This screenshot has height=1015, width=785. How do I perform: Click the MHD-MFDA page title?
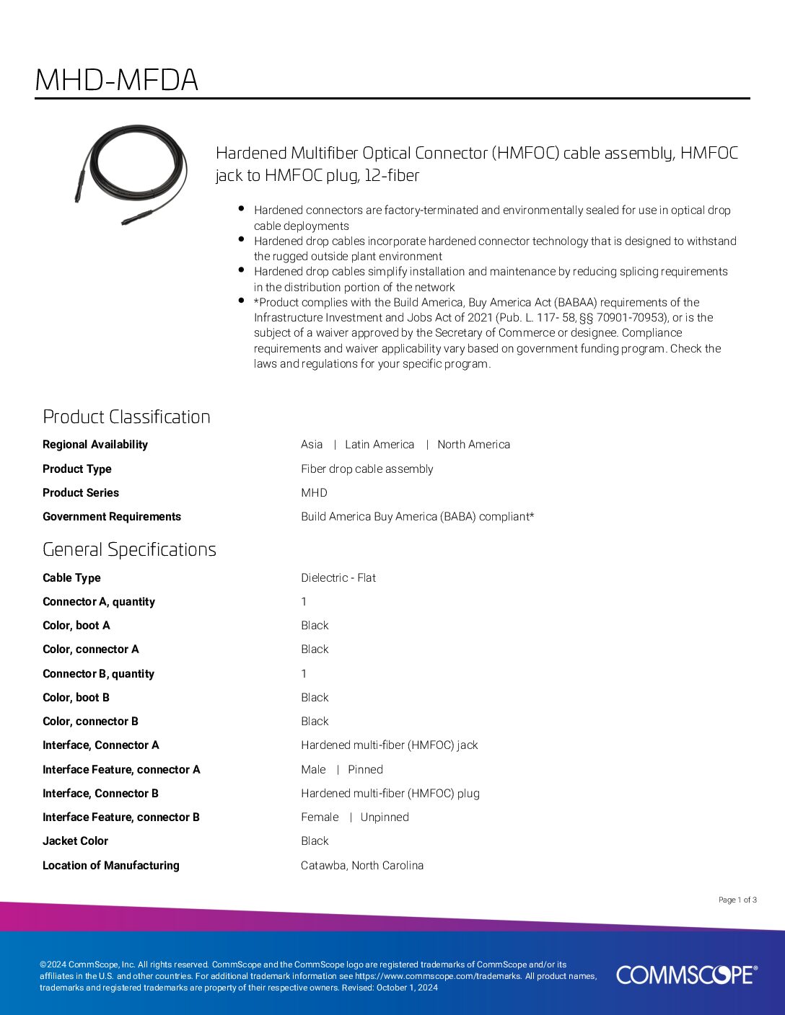[116, 80]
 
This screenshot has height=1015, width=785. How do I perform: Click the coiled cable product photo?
[131, 174]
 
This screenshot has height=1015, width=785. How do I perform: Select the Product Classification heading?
[126, 417]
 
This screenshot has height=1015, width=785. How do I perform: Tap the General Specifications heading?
[129, 549]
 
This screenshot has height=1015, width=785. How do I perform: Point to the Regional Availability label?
[95, 445]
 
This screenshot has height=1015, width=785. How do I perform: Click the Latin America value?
[380, 445]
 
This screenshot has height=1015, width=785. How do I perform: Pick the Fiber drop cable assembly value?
[367, 469]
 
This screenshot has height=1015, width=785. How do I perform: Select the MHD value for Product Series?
[314, 493]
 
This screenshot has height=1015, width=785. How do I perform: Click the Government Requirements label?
[112, 517]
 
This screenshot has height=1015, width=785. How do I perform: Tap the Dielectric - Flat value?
[338, 577]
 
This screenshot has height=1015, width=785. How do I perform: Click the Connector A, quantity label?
[99, 602]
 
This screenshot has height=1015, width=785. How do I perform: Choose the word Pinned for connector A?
[365, 769]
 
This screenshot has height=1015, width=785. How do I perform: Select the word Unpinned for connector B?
[385, 817]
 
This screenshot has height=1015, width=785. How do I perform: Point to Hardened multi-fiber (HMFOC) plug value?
[390, 793]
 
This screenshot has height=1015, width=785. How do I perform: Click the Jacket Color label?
[75, 841]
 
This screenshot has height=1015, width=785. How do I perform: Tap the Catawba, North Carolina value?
[362, 865]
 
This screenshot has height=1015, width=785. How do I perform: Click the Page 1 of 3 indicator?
[737, 900]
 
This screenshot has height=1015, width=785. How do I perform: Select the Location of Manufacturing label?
[111, 865]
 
